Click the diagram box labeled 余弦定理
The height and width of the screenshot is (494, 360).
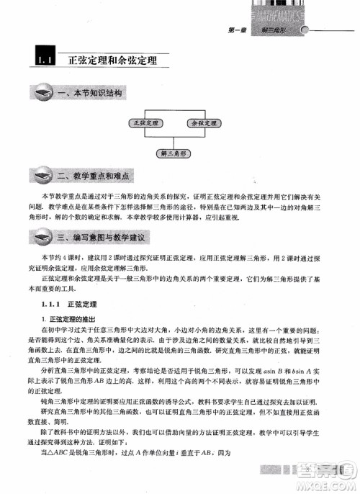[x=200, y=122]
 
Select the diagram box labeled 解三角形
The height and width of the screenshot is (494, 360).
[x=174, y=153]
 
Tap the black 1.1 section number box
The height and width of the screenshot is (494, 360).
[x=41, y=60]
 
